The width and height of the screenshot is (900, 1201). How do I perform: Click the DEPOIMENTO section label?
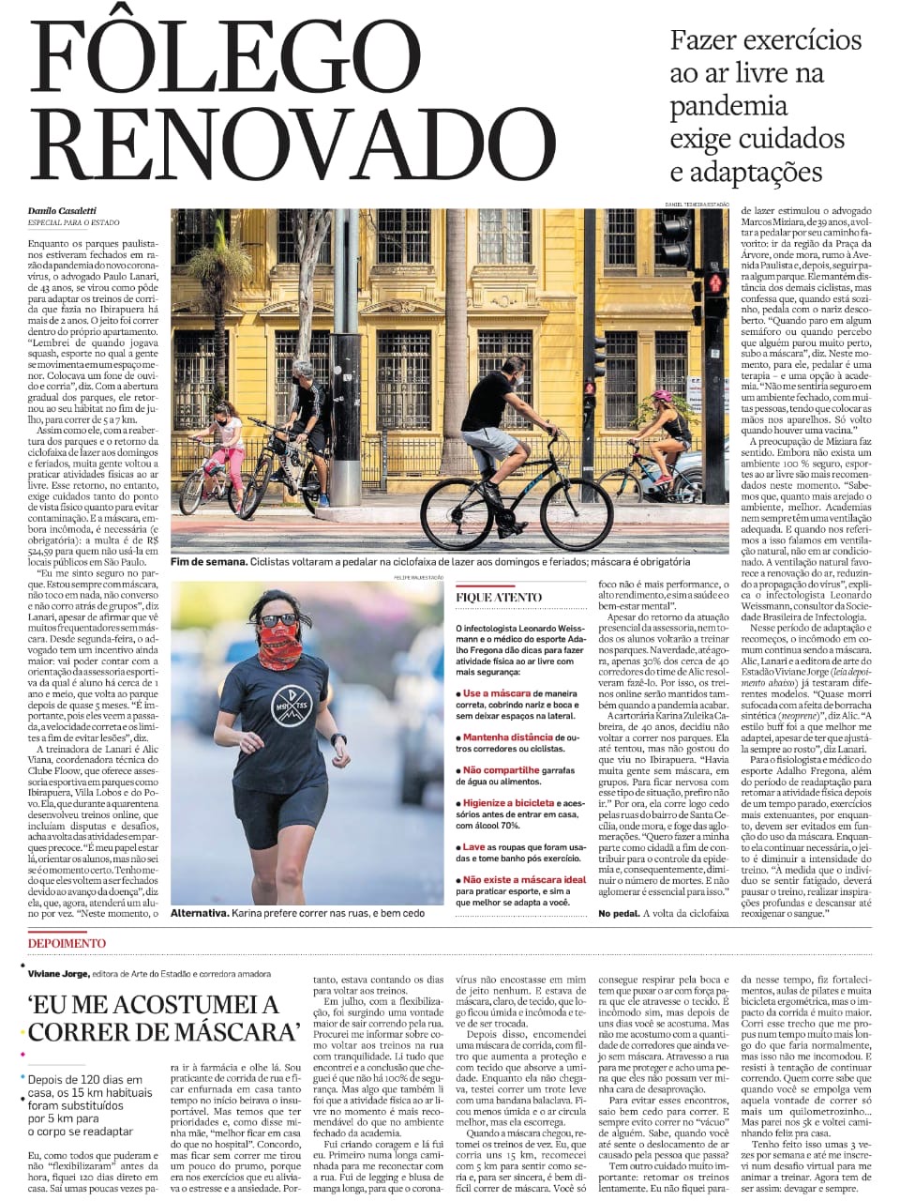67,943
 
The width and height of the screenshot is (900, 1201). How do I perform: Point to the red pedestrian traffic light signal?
715,281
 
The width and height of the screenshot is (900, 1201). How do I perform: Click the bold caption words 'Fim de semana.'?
208,562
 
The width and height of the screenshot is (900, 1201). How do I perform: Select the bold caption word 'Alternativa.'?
200,912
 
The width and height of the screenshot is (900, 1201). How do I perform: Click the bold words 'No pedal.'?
619,913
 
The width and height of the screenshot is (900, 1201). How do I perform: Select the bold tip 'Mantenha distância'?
507,737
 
